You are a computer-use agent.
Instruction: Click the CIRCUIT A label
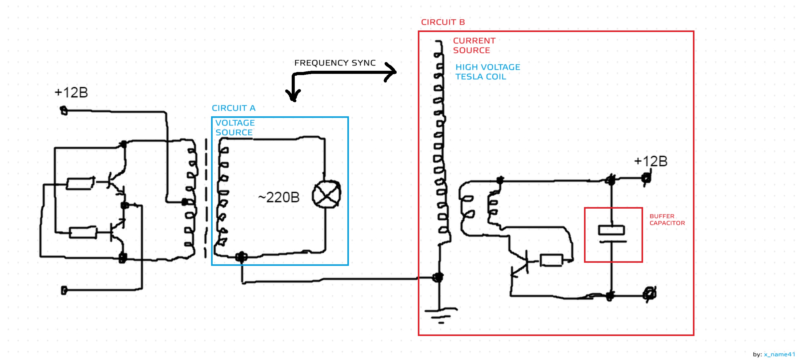(234, 108)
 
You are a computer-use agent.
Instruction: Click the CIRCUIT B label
(443, 22)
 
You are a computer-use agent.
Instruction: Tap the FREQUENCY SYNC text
(335, 63)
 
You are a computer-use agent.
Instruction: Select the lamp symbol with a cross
(326, 194)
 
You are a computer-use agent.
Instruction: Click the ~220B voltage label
(278, 198)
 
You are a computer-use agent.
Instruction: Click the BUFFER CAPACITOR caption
(667, 220)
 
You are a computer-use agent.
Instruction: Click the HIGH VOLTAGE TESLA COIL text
(487, 72)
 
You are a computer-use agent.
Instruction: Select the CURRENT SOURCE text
(474, 46)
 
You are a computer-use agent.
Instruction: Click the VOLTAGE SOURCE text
(235, 128)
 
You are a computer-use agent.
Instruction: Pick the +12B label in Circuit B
(651, 162)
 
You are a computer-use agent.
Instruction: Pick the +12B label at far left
(71, 93)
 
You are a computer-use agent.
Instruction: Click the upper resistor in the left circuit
(80, 183)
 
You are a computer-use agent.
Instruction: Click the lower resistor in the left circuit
(82, 233)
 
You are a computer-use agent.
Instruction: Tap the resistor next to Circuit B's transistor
(551, 260)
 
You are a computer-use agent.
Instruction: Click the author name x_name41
(779, 354)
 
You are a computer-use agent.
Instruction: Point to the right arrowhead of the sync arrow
(392, 72)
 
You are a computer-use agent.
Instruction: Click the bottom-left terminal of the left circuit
(64, 290)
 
